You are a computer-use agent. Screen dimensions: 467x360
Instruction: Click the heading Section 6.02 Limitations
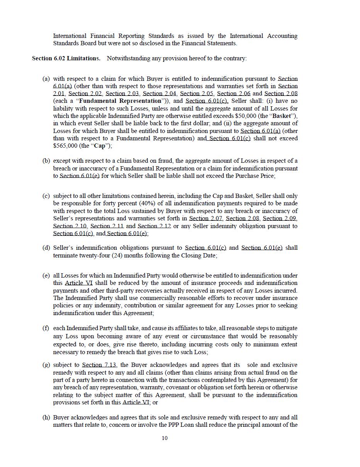[66, 58]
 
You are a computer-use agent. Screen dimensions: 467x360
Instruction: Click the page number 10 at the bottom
[165, 438]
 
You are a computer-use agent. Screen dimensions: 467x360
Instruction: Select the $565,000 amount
[65, 146]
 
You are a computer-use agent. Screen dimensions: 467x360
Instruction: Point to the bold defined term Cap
[100, 146]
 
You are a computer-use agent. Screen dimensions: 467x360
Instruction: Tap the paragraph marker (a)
[46, 79]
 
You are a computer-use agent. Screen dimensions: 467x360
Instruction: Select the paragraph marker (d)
[46, 248]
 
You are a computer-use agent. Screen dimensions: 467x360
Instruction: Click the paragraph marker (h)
[46, 418]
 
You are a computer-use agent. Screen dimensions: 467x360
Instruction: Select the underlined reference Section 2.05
[195, 94]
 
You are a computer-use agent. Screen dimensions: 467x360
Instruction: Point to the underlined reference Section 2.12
[154, 226]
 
